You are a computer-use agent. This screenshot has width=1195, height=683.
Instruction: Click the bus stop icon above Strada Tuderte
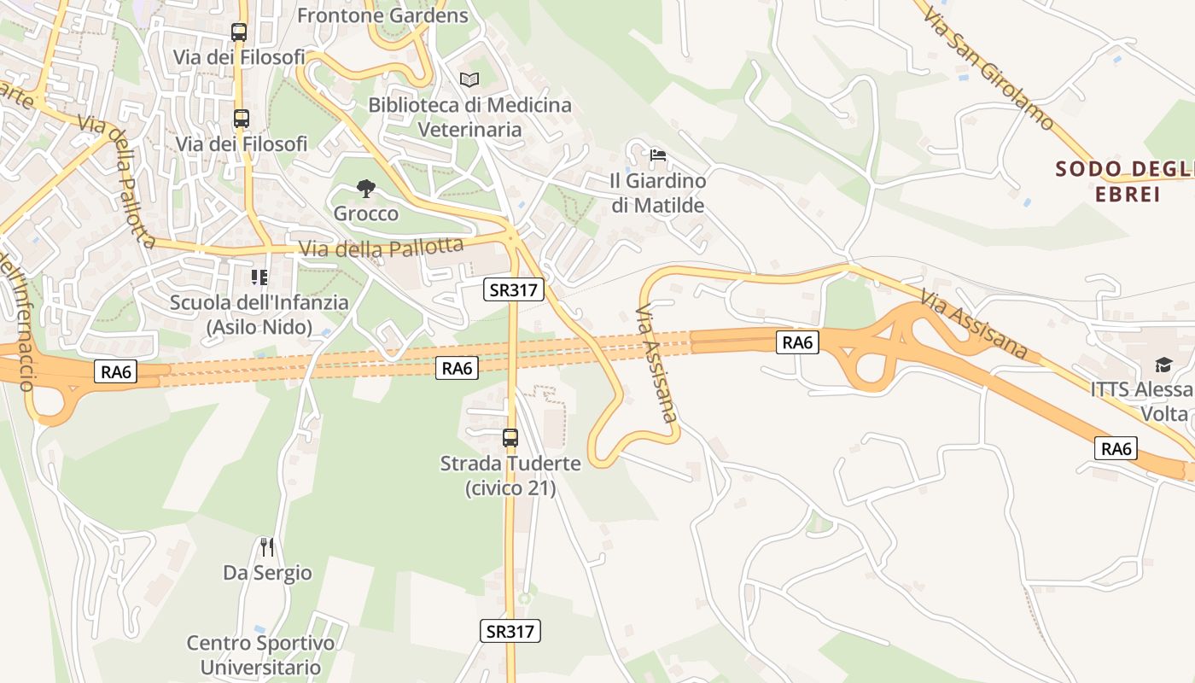pyautogui.click(x=510, y=438)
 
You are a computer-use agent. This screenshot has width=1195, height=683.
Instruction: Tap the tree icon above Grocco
pyautogui.click(x=366, y=188)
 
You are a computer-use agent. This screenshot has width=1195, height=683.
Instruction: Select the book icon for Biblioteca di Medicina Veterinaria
pyautogui.click(x=469, y=79)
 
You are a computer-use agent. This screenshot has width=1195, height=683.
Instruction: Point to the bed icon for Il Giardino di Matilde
pyautogui.click(x=658, y=155)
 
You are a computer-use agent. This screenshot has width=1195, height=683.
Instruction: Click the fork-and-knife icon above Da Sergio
pyautogui.click(x=267, y=546)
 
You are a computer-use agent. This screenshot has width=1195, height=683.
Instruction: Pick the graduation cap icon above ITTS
pyautogui.click(x=1163, y=365)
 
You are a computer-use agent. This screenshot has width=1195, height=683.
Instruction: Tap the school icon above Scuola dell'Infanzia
pyautogui.click(x=259, y=277)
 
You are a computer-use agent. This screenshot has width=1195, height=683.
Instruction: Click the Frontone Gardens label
pyautogui.click(x=382, y=15)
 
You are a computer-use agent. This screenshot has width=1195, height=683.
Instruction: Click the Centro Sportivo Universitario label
pyautogui.click(x=261, y=655)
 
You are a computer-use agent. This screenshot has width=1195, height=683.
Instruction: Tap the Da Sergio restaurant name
pyautogui.click(x=267, y=572)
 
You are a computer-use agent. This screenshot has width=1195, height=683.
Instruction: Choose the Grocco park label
pyautogui.click(x=366, y=213)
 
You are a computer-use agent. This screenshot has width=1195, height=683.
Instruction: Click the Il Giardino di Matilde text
pyautogui.click(x=658, y=193)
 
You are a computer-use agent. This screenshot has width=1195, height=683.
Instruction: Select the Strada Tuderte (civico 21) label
pyautogui.click(x=510, y=476)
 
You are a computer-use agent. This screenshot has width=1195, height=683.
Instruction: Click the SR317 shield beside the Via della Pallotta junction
pyautogui.click(x=513, y=289)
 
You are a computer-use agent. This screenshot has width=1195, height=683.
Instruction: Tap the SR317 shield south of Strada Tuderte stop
pyautogui.click(x=510, y=631)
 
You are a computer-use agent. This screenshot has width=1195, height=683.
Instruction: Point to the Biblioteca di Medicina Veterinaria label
pyautogui.click(x=469, y=117)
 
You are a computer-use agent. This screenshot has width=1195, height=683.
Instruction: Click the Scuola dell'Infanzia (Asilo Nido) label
pyautogui.click(x=259, y=314)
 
